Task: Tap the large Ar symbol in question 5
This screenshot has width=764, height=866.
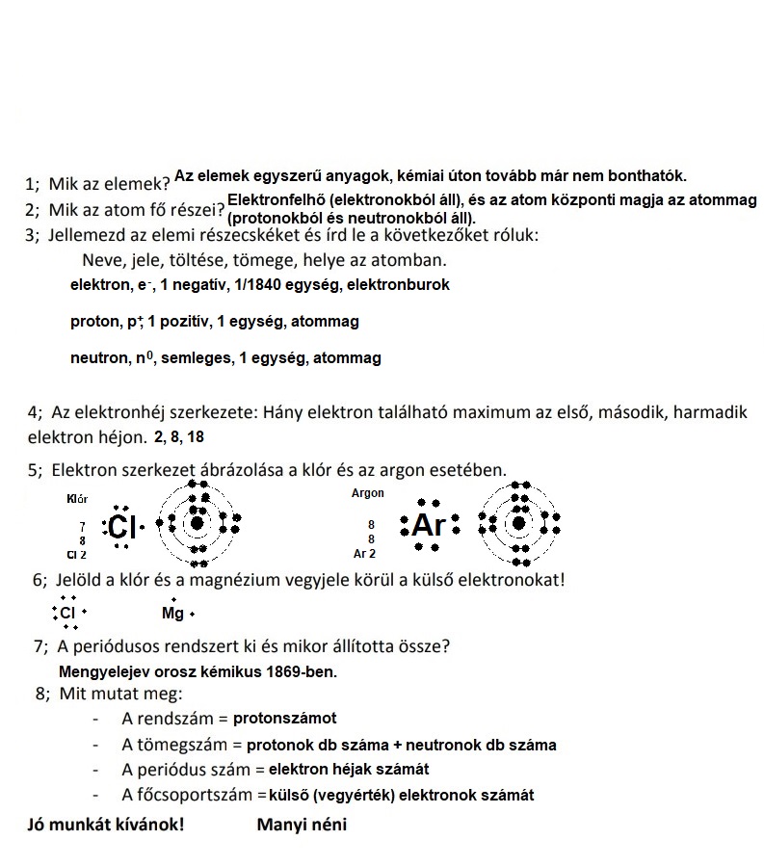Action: [x=430, y=526]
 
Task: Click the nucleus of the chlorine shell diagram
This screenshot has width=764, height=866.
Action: [x=198, y=523]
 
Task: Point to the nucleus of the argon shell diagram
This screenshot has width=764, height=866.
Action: [x=519, y=523]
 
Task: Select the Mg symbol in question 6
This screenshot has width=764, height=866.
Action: [x=173, y=614]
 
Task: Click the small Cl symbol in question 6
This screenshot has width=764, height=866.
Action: [x=68, y=613]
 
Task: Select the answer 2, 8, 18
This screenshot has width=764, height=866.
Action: [x=178, y=437]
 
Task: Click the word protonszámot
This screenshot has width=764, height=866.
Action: [x=284, y=719]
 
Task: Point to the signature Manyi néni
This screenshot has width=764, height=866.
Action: [x=302, y=825]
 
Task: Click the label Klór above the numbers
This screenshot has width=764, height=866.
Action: [x=77, y=499]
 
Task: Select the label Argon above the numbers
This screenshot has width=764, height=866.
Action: [x=368, y=493]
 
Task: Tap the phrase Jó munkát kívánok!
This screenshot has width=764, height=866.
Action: [x=105, y=825]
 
